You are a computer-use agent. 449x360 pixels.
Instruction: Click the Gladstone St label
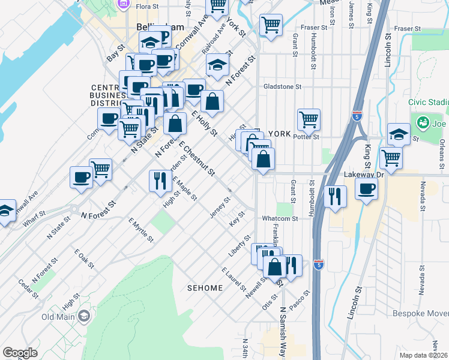coord(282,86)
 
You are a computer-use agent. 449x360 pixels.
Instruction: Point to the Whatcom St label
coord(280,219)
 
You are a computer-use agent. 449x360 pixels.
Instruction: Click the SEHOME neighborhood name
coord(204,288)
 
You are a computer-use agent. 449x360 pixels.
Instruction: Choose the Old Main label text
coord(58,317)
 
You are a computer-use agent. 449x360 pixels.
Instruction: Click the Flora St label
coord(146,7)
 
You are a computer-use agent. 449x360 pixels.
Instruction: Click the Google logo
coord(20,353)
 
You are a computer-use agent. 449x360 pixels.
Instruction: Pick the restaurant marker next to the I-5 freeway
coord(334,196)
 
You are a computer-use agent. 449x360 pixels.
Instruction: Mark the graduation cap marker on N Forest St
coord(217,65)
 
